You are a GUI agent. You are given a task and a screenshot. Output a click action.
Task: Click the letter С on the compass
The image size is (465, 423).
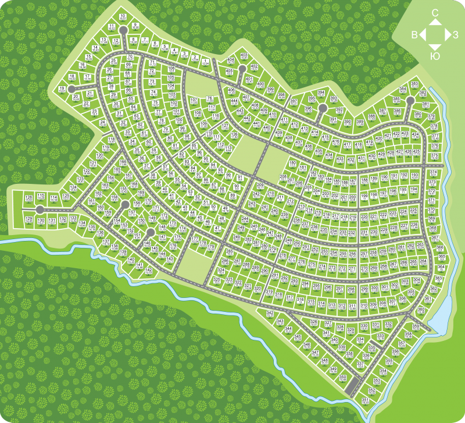click(435, 12)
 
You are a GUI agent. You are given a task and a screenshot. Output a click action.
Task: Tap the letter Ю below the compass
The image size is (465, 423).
click(434, 56)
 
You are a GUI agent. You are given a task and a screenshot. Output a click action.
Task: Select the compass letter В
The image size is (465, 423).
click(414, 35)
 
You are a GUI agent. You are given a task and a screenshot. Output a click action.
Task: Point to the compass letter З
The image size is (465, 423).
click(455, 35)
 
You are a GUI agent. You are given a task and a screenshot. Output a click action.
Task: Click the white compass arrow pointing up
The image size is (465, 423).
click(435, 22)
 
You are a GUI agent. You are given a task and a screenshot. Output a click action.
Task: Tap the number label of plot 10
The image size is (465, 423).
click(123, 16)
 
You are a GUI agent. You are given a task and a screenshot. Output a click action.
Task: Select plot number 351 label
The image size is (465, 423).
click(365, 400)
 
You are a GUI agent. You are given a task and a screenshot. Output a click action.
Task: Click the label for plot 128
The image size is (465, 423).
click(27, 198)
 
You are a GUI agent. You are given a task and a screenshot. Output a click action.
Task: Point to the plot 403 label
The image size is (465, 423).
click(244, 56)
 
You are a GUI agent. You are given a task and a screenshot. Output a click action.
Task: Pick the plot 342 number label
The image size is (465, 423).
click(269, 313)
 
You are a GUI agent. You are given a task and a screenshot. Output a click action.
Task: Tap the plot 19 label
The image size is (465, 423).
click(62, 88)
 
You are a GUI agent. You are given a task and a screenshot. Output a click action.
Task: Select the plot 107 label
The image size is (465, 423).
click(194, 101)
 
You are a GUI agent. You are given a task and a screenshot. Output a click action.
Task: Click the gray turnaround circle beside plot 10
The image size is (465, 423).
click(123, 29)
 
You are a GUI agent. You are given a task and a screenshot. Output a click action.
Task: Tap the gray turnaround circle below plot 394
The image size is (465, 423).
click(323, 108)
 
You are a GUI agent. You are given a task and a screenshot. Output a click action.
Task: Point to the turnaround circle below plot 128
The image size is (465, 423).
click(40, 209)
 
